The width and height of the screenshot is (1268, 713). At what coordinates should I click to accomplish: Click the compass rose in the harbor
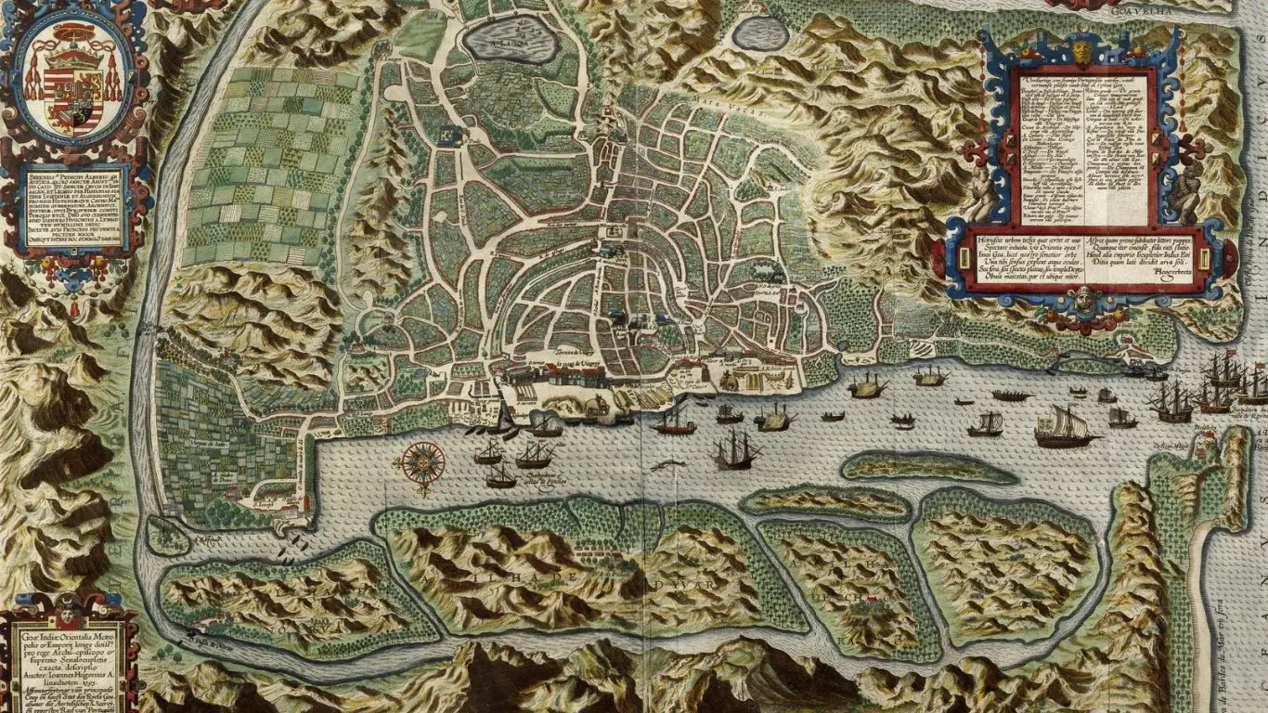click(423, 461)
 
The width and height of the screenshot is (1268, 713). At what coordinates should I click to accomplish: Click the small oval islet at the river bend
click(168, 537)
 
